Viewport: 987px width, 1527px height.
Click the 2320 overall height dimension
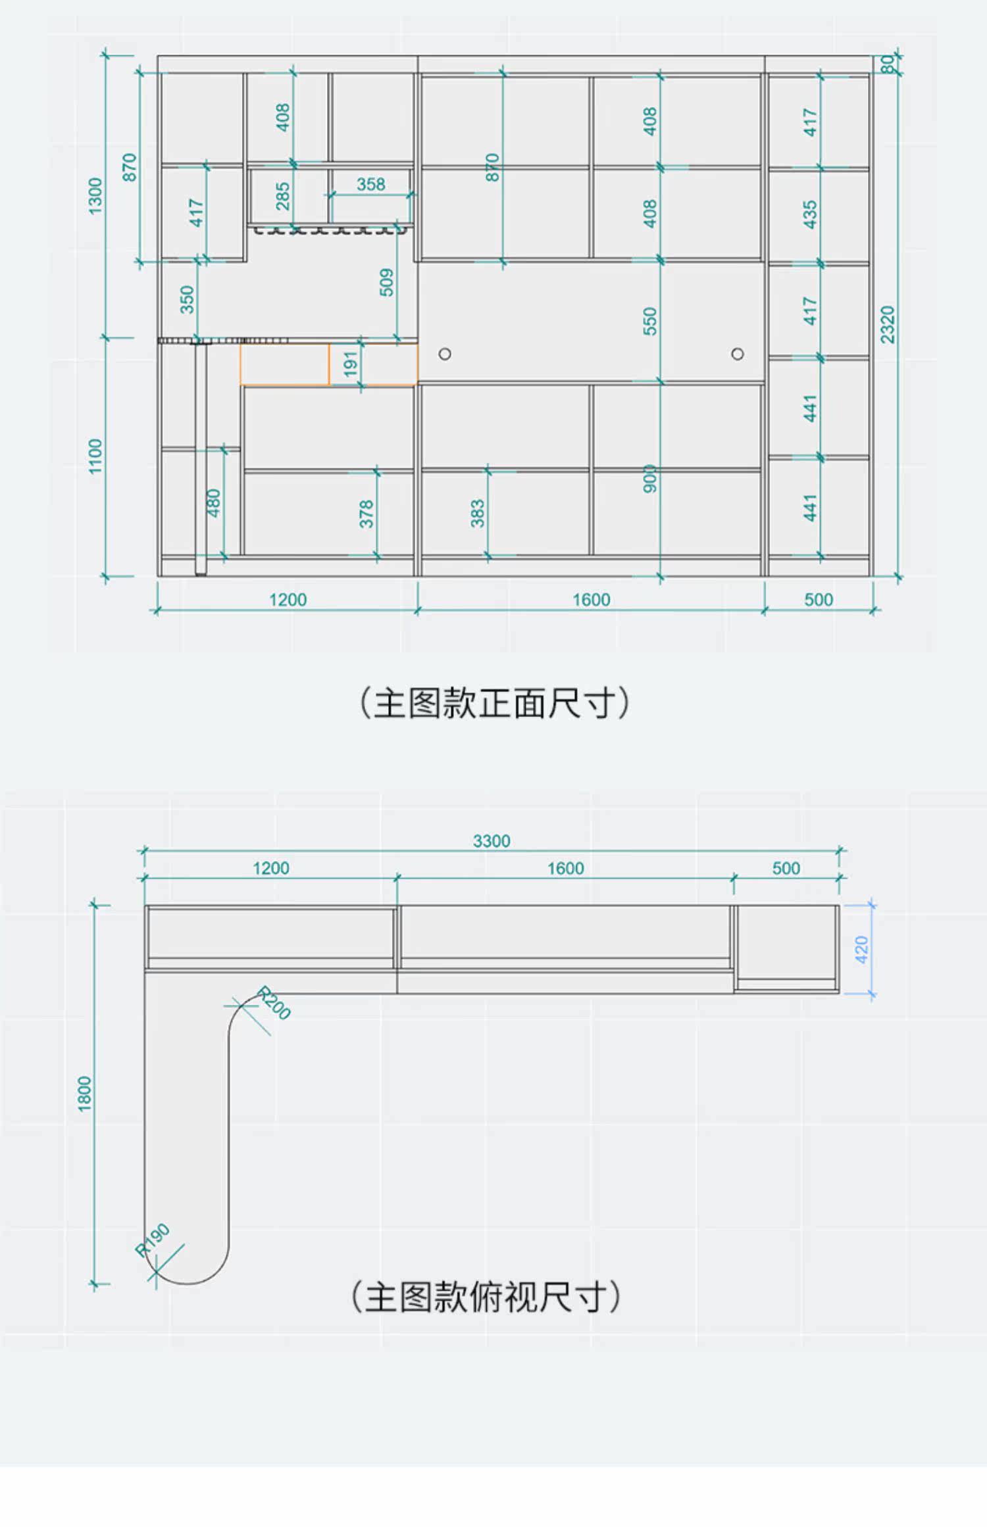pos(888,324)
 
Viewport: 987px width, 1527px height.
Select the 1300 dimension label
pos(96,196)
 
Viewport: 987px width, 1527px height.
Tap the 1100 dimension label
pos(96,456)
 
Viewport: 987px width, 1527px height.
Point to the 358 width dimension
pos(370,184)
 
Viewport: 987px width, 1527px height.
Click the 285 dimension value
pos(283,196)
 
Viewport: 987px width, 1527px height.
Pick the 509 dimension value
pos(387,282)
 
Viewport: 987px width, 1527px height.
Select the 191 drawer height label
pos(351,364)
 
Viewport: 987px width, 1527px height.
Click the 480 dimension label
pos(214,502)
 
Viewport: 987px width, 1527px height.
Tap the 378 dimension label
pos(367,513)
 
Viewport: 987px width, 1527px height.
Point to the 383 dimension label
pos(478,513)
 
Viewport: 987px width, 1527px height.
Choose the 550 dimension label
pos(650,321)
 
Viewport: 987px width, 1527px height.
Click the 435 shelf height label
pos(810,214)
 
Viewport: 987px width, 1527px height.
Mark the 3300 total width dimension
pos(492,841)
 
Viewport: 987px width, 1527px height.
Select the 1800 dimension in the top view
pos(85,1094)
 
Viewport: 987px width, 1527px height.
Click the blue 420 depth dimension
pos(862,950)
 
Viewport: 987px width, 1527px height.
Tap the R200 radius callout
pos(273,1003)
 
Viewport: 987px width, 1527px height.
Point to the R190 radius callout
pos(153,1240)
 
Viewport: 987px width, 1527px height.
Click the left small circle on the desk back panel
pos(445,354)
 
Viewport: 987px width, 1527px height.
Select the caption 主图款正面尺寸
pos(493,703)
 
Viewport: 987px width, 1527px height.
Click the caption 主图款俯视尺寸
pos(485,1297)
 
